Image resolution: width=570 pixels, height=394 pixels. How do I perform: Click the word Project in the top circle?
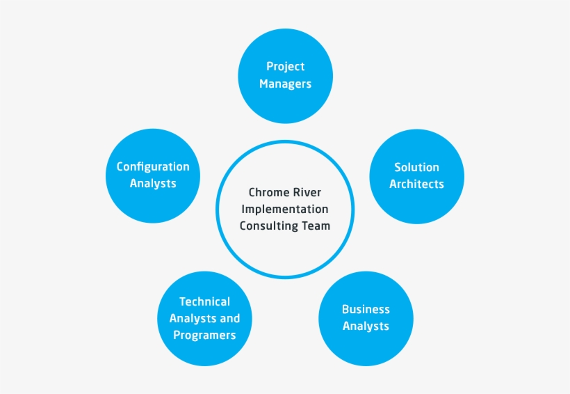tap(285, 67)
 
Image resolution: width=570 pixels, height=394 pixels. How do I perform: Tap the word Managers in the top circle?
tap(285, 84)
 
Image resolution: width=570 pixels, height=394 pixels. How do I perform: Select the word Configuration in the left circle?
tap(153, 167)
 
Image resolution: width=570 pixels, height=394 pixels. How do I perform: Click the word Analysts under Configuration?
tap(153, 184)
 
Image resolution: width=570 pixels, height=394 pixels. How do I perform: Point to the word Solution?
tap(416, 168)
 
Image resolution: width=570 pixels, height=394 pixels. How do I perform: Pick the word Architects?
tap(416, 184)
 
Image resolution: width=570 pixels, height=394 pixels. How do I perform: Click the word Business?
tap(366, 310)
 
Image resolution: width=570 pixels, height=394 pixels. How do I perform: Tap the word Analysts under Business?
tap(366, 326)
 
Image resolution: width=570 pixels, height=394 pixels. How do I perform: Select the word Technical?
tap(204, 302)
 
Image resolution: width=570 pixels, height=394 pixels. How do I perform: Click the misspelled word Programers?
tap(204, 336)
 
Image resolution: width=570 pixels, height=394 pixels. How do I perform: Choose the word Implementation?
tap(285, 210)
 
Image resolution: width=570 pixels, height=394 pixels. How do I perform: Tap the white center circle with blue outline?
tap(285, 251)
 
